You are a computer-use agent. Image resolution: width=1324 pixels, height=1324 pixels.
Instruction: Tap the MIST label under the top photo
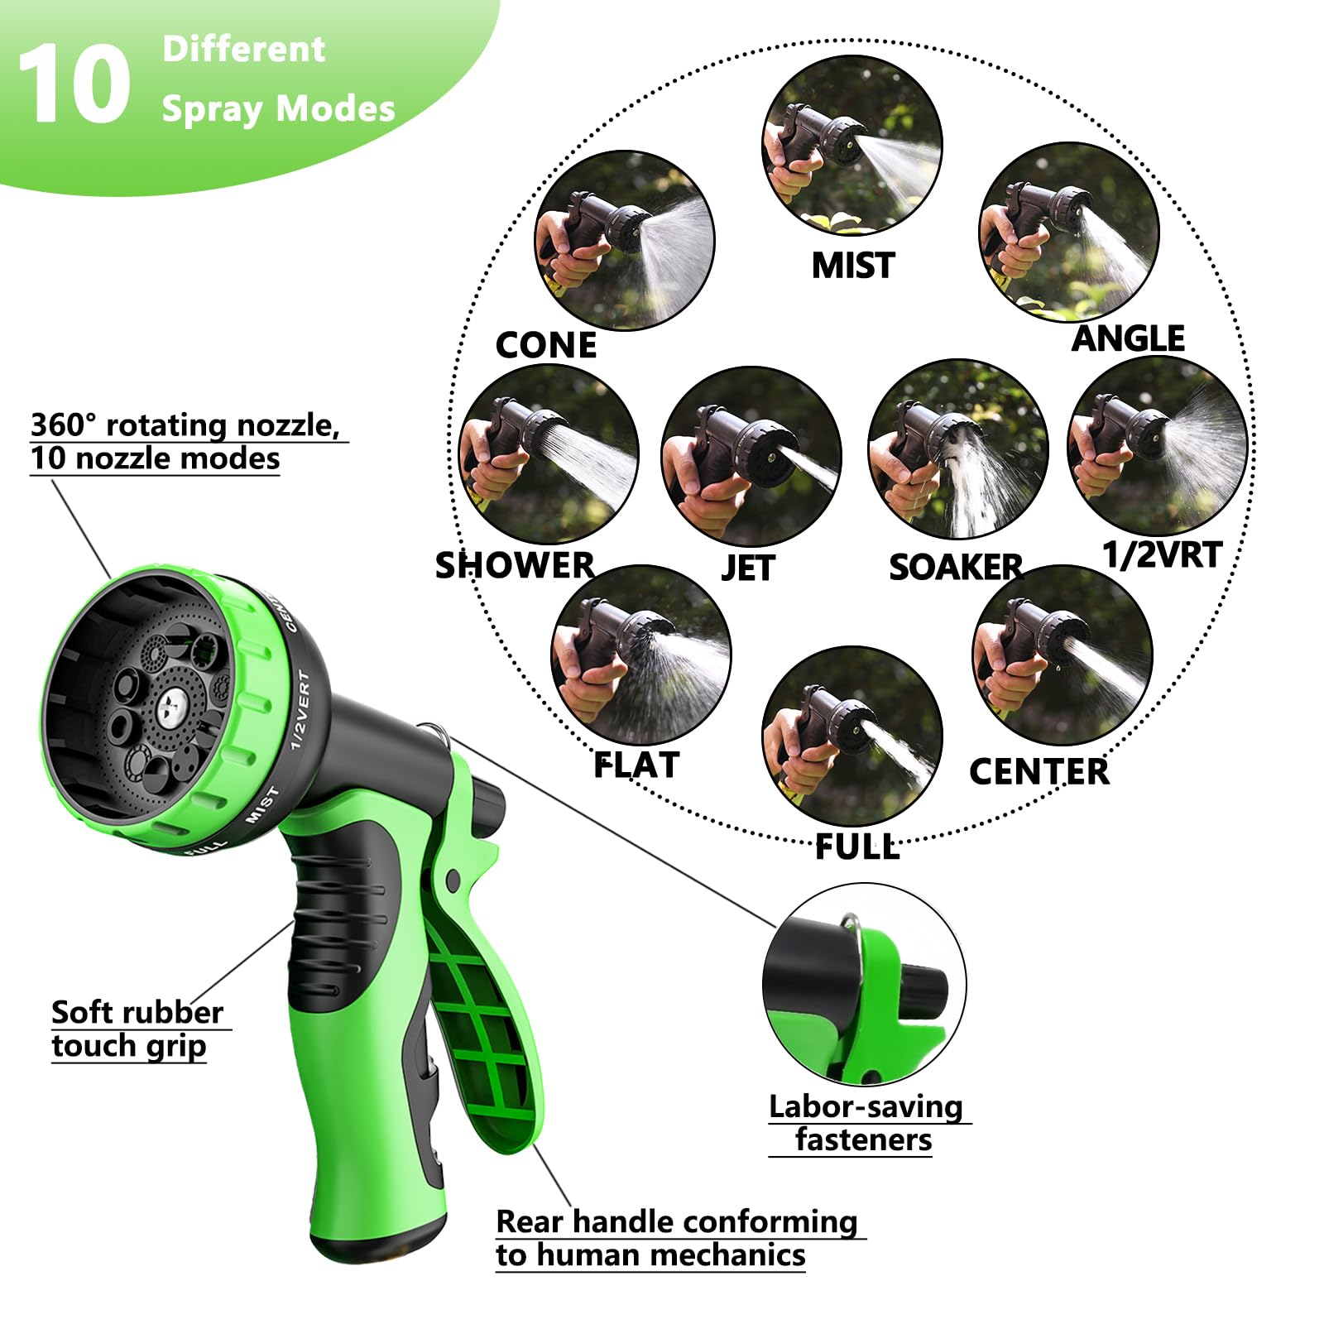click(x=852, y=266)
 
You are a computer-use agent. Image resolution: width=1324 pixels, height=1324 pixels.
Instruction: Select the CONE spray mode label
click(x=545, y=345)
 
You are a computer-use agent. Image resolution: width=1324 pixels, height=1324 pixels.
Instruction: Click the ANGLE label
click(x=1128, y=338)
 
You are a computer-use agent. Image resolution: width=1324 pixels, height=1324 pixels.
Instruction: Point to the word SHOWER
click(x=515, y=566)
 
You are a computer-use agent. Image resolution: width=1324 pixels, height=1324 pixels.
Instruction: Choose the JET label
click(x=747, y=568)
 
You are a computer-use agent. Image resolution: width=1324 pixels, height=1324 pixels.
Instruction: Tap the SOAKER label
click(x=956, y=568)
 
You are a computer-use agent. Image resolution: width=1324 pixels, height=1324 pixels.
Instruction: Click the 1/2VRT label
click(x=1162, y=555)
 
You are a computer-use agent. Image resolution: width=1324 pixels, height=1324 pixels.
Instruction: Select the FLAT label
click(x=636, y=765)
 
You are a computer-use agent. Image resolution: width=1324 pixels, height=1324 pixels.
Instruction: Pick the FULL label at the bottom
click(x=856, y=847)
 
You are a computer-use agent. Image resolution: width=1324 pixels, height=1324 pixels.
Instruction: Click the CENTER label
click(x=1039, y=772)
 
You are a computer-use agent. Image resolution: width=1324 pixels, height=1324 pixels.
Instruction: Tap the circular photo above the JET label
click(x=751, y=456)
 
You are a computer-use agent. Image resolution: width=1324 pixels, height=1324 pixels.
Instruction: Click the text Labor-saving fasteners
click(x=865, y=1123)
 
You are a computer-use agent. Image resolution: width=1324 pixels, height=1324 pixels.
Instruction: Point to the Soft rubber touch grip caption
click(x=137, y=1029)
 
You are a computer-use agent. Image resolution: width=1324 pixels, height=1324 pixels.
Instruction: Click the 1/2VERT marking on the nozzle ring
click(x=300, y=710)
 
